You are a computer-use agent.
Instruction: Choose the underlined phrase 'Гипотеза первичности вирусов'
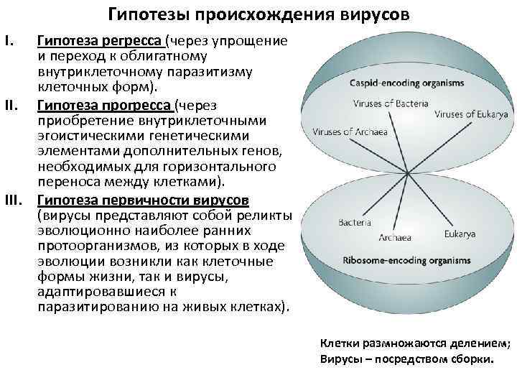tap(144, 199)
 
